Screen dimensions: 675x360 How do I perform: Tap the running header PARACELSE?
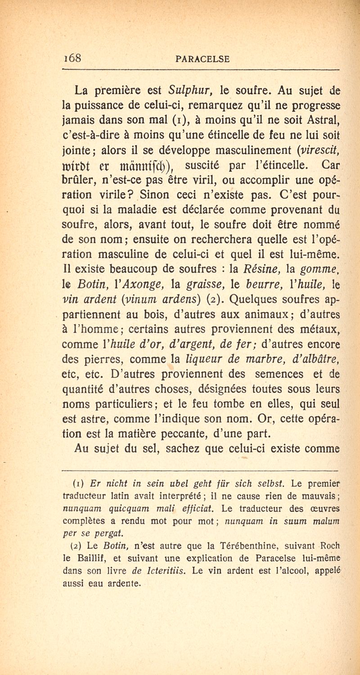204,59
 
